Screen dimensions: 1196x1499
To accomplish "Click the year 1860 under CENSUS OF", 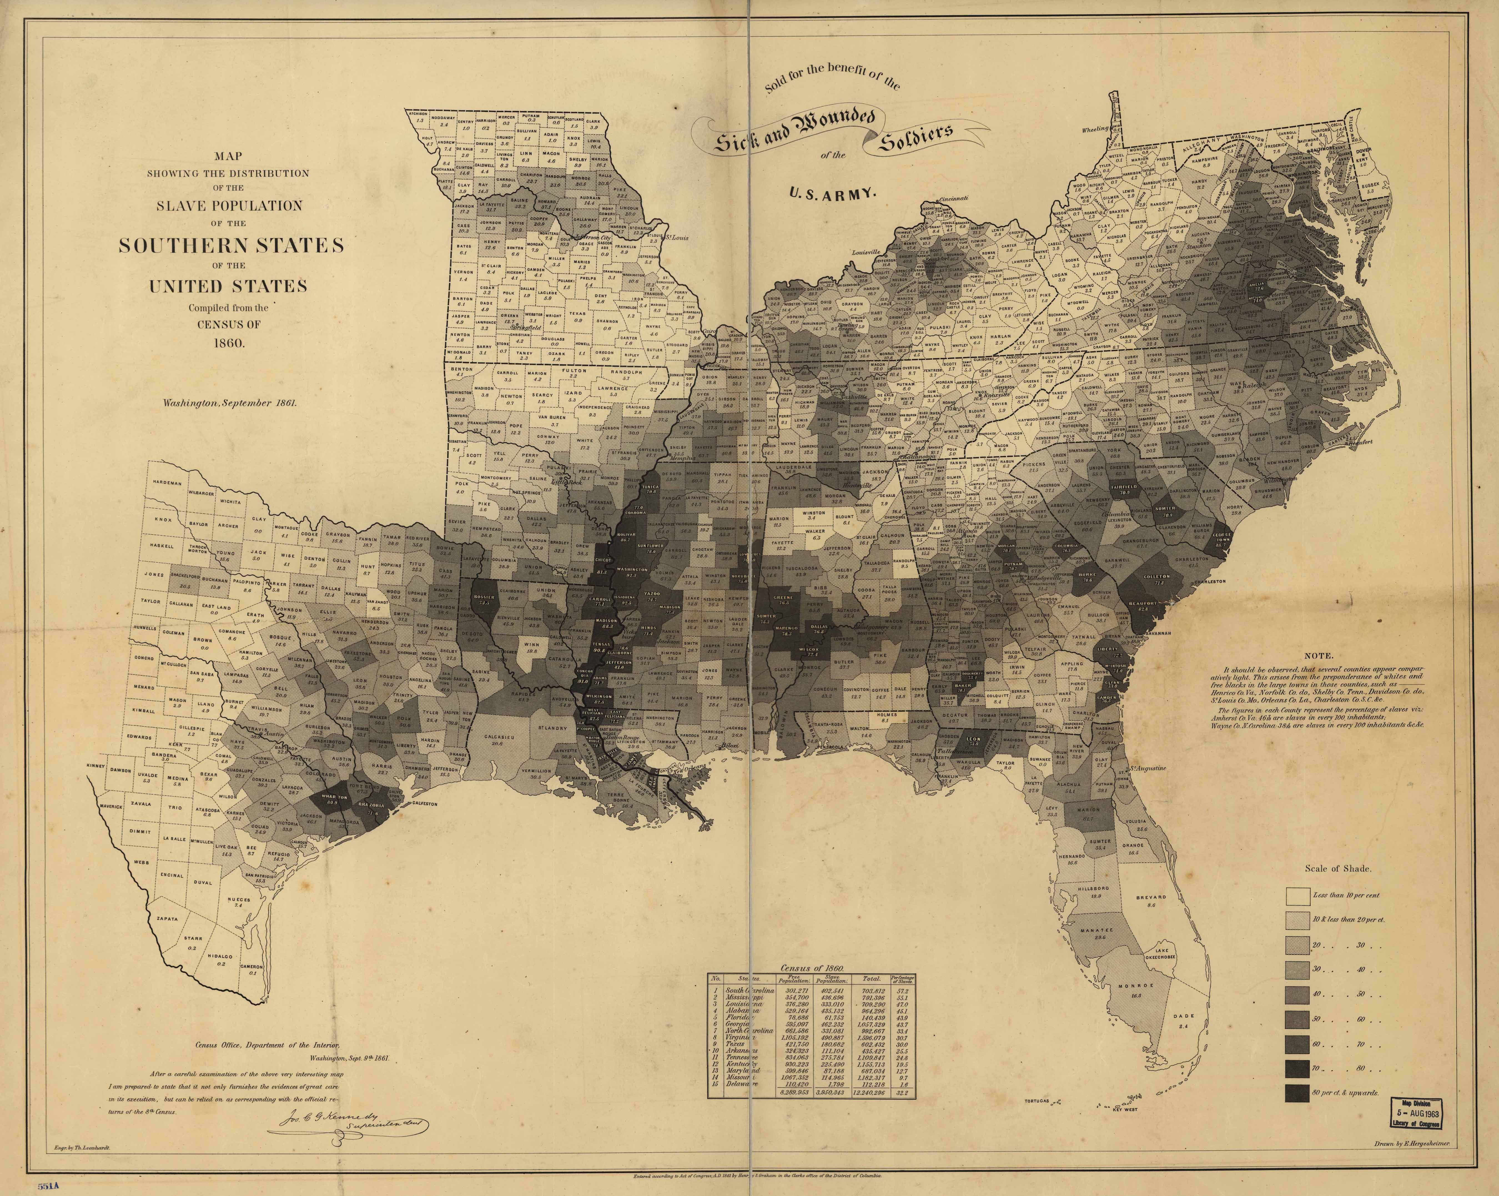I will (x=229, y=343).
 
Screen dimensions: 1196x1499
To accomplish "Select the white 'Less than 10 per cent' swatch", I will (x=1297, y=895).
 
